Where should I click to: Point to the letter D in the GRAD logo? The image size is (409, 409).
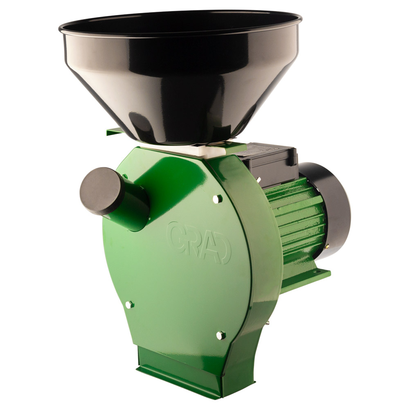(222, 251)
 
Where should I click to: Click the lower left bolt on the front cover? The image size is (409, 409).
(129, 304)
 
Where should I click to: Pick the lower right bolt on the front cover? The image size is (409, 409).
(221, 335)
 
